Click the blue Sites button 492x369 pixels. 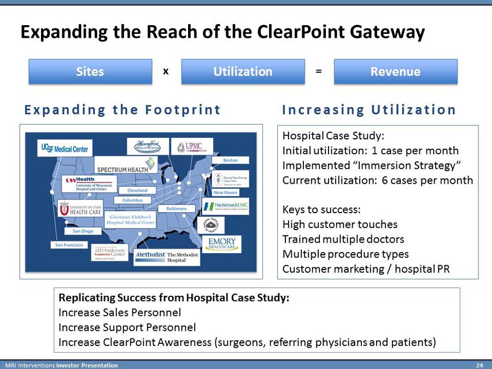(x=90, y=72)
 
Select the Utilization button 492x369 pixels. (x=243, y=72)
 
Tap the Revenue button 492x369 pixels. (x=395, y=72)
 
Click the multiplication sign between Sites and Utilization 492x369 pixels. (x=165, y=71)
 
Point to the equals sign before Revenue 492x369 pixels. (x=319, y=71)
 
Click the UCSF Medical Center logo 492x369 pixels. (x=66, y=147)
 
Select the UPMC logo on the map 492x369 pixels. (x=192, y=147)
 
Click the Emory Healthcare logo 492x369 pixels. (x=222, y=244)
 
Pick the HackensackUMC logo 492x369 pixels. (x=225, y=206)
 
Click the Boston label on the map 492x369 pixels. (x=231, y=160)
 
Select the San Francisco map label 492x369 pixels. (x=69, y=245)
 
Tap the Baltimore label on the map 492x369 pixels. (x=176, y=209)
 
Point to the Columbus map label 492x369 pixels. (x=132, y=200)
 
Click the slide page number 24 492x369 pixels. (x=479, y=365)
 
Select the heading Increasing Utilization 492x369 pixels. (x=369, y=110)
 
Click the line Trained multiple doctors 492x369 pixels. (x=343, y=239)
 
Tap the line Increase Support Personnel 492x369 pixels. (x=127, y=328)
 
